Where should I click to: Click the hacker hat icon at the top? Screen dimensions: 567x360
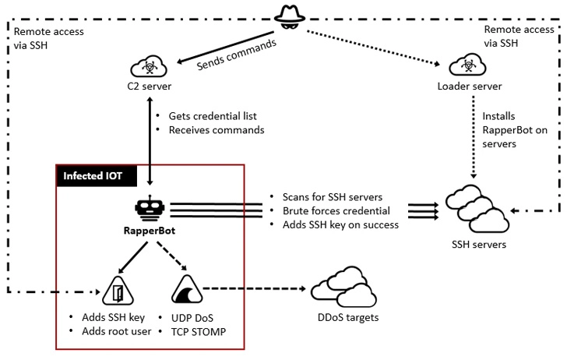pos(289,17)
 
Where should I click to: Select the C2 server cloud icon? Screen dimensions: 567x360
pos(149,66)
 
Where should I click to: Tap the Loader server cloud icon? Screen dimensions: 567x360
pos(467,65)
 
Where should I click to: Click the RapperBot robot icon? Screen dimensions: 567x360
pos(150,208)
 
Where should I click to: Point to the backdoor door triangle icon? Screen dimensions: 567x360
pos(118,291)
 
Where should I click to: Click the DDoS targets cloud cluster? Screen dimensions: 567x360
pos(343,288)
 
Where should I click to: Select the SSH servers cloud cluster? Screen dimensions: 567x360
pos(477,209)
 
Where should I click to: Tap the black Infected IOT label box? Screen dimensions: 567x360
pos(97,176)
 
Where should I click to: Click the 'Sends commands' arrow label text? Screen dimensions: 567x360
pos(237,55)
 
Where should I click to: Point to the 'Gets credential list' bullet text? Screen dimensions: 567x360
pos(213,116)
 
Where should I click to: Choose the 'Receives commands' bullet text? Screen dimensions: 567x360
pos(217,130)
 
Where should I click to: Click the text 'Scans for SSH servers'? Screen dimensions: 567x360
pos(333,197)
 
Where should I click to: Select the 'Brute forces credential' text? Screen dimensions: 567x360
pos(336,211)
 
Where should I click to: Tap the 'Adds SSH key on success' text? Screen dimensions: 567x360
pos(340,224)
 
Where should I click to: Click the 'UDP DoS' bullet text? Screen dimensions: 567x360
pos(192,318)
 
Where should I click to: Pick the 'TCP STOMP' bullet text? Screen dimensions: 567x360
pos(199,332)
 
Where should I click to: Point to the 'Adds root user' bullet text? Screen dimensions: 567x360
pos(117,331)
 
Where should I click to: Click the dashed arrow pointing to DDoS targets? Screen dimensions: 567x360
pos(255,289)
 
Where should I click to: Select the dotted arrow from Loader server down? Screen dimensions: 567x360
pos(474,137)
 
